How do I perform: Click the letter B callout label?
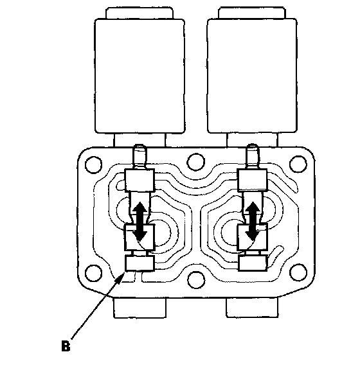pos(66,346)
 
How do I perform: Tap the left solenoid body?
pos(139,76)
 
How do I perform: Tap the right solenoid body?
pos(252,76)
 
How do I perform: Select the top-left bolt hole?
pos(94,164)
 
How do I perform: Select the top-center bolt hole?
pos(195,162)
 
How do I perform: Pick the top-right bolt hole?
pos(298,164)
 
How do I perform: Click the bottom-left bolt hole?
pos(94,273)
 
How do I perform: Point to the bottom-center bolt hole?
pos(196,280)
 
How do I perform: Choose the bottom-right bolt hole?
pos(298,273)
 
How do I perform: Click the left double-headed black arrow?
pos(141,221)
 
